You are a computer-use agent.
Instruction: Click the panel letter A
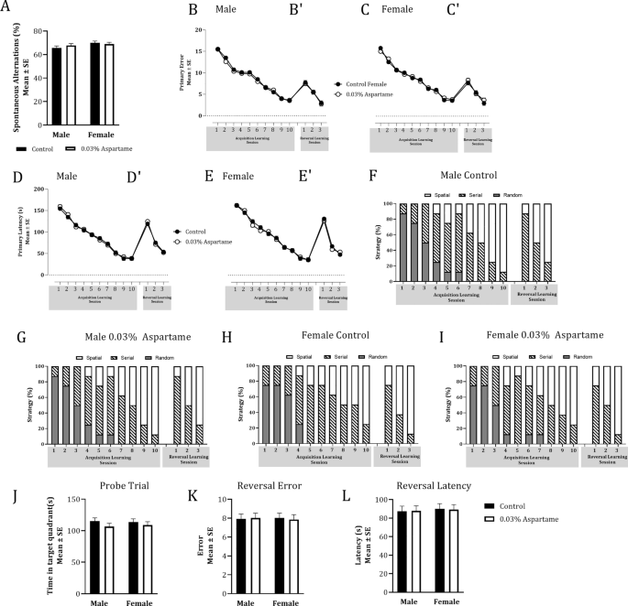[8, 9]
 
